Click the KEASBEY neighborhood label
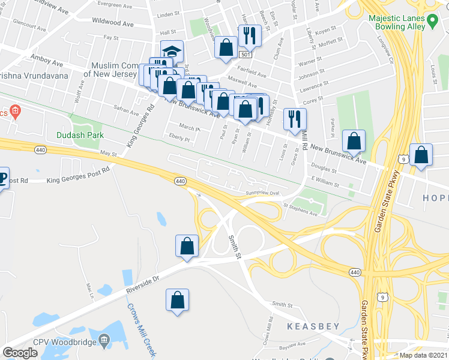tap(313, 326)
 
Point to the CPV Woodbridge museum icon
tap(104, 341)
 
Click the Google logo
tap(20, 353)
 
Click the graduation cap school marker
tap(172, 52)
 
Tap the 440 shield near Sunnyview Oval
tap(179, 181)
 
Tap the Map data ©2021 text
tap(424, 355)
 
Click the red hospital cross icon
tap(16, 112)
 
